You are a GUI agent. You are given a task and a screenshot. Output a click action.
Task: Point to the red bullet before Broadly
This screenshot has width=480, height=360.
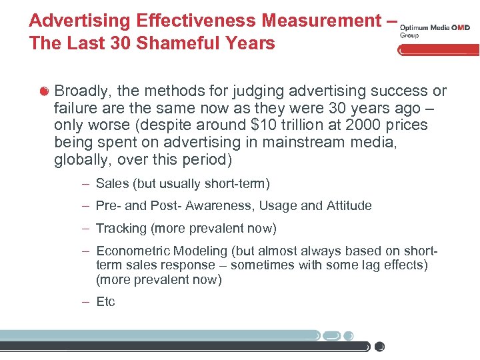pyautogui.click(x=44, y=91)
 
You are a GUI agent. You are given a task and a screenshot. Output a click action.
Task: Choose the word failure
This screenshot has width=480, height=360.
pyautogui.click(x=76, y=108)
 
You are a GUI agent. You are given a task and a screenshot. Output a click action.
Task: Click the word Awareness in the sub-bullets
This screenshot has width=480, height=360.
pyautogui.click(x=219, y=206)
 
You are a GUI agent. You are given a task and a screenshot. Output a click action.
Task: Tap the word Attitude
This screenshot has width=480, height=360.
pyautogui.click(x=347, y=206)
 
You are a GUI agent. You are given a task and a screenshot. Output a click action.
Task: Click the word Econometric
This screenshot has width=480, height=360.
pyautogui.click(x=133, y=251)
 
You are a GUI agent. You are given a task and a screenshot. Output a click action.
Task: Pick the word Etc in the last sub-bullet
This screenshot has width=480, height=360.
pyautogui.click(x=105, y=302)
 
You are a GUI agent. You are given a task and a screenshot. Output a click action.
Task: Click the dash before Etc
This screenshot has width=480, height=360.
pyautogui.click(x=86, y=302)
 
